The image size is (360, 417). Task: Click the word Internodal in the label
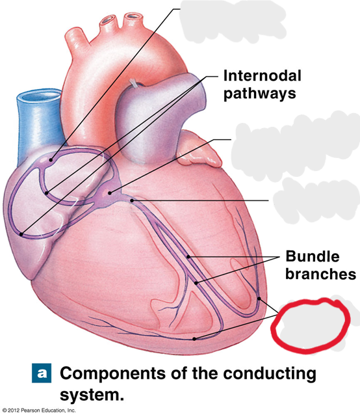(263, 75)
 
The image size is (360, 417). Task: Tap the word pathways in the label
(259, 94)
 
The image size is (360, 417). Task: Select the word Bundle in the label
(313, 256)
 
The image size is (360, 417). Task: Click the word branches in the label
(320, 274)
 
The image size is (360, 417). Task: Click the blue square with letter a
(42, 373)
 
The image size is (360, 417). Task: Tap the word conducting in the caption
(270, 374)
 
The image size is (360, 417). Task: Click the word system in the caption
(92, 394)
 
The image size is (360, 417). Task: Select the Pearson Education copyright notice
(39, 410)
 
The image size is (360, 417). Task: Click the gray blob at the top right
(233, 21)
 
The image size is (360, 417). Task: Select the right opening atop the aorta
(132, 16)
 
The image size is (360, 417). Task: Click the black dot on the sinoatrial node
(51, 160)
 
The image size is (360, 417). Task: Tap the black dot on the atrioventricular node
(110, 193)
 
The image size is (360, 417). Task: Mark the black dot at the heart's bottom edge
(194, 339)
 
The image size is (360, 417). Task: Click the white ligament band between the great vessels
(134, 83)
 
